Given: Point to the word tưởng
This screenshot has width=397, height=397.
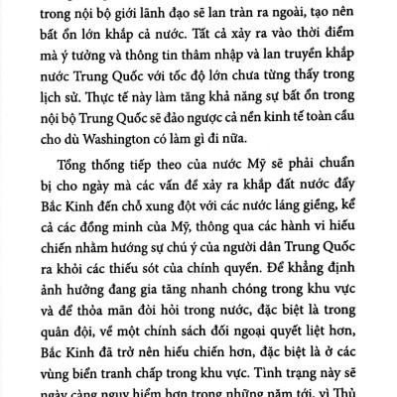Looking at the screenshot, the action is point(130,45).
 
